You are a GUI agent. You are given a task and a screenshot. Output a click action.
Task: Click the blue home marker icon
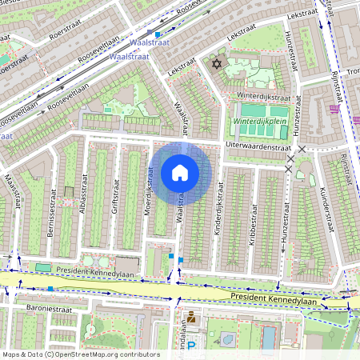coord(180,172)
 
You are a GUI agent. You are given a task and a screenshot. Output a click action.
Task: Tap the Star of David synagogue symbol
coord(214,63)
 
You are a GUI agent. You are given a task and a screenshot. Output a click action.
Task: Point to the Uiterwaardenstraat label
coord(258,146)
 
